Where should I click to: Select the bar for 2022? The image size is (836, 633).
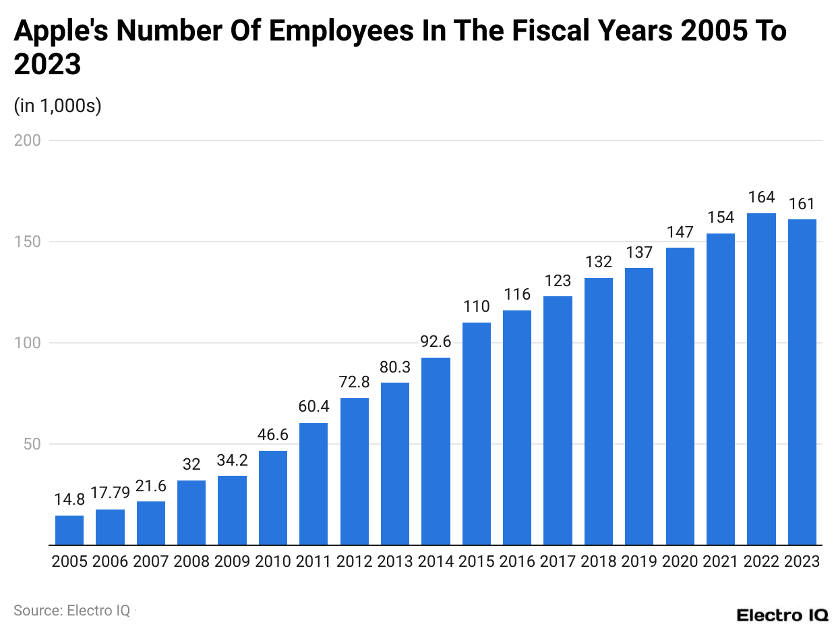tap(761, 379)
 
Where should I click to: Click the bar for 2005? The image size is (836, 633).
tap(69, 530)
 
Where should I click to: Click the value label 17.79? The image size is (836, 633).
tap(110, 493)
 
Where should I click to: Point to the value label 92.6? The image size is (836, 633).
tap(436, 341)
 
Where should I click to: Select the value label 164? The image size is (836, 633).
tap(761, 198)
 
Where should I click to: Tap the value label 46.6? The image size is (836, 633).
tap(273, 435)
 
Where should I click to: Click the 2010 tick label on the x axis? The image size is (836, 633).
tap(273, 561)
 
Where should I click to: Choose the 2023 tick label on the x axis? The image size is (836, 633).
tap(802, 561)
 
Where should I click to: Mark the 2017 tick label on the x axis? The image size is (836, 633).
tap(558, 561)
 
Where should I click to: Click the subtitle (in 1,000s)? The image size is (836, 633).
tap(57, 106)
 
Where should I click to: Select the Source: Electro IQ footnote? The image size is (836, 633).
tap(71, 610)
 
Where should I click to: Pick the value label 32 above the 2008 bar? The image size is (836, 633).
tap(191, 464)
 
